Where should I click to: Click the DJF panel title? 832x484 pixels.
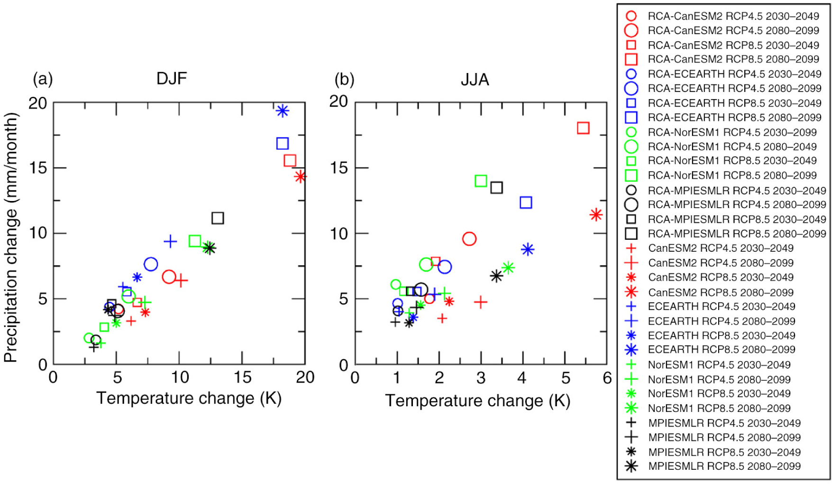tap(172, 78)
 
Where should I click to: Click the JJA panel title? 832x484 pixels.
tap(475, 79)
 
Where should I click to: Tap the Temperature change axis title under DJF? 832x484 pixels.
tap(189, 398)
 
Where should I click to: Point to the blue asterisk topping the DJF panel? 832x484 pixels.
tap(283, 111)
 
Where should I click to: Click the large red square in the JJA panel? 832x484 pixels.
tap(583, 128)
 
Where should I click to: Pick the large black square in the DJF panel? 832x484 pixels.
tap(218, 218)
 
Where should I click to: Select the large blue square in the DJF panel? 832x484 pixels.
tap(283, 143)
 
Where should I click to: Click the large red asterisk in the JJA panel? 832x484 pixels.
tap(596, 215)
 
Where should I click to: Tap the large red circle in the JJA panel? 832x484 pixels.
tap(469, 239)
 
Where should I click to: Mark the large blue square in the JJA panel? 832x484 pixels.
tap(526, 202)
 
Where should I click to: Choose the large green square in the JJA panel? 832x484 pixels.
tap(481, 181)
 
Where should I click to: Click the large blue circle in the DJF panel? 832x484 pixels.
tap(151, 264)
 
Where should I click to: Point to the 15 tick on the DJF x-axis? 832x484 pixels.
tap(243, 377)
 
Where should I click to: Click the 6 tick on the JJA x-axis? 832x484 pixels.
tap(607, 378)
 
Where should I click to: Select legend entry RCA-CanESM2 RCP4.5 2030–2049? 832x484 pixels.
tap(733, 16)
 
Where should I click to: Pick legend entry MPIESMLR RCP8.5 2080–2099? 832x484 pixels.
tap(724, 466)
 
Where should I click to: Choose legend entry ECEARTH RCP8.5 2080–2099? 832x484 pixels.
tap(721, 349)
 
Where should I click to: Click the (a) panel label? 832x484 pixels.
tap(43, 79)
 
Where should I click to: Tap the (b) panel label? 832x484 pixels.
tap(344, 79)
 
